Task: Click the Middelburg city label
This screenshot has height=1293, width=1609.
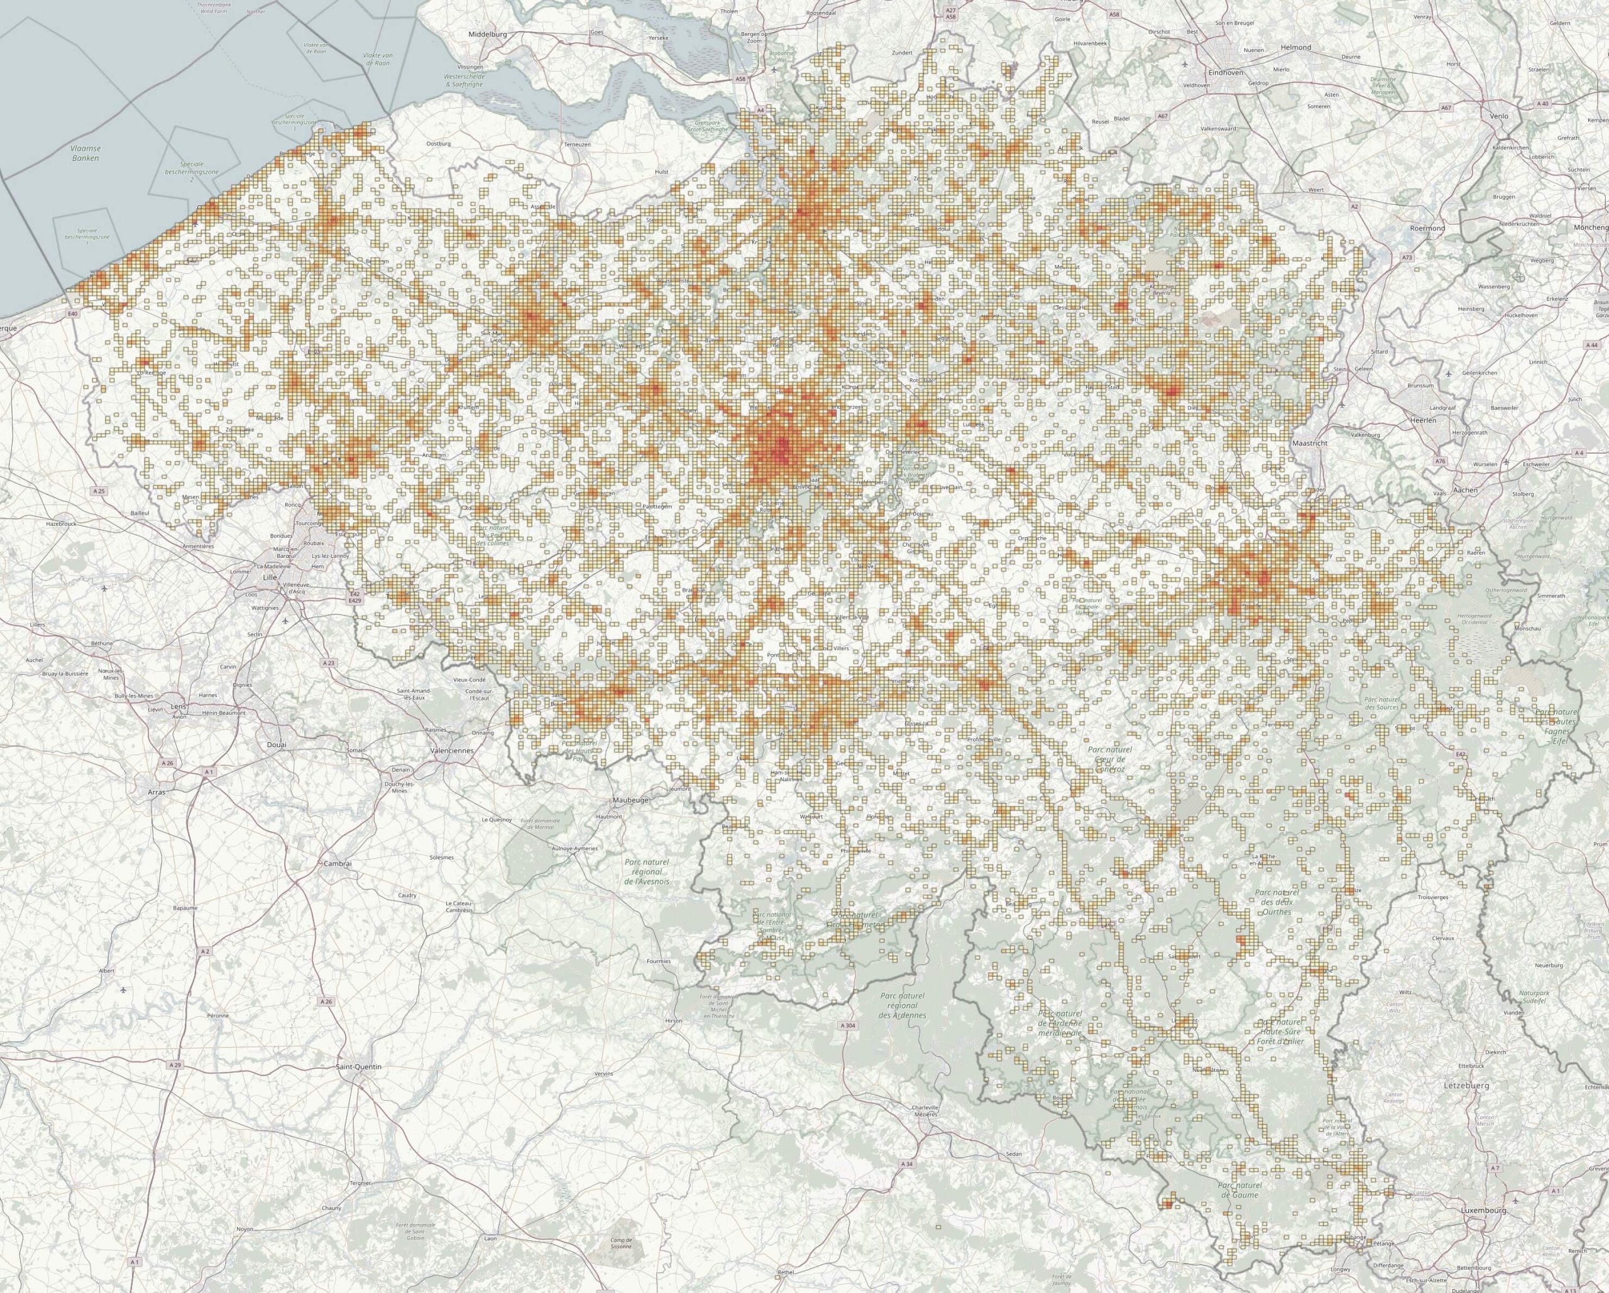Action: click(487, 35)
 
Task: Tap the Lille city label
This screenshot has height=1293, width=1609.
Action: click(270, 577)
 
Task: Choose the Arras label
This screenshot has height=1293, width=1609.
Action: click(156, 791)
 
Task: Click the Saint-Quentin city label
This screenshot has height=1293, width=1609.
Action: click(359, 1067)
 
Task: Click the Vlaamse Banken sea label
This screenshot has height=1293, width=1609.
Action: click(86, 154)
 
